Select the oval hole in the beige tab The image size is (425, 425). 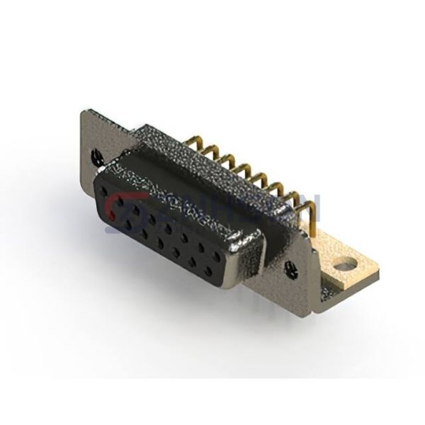tap(345, 266)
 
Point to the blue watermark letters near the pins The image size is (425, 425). tap(297, 205)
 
